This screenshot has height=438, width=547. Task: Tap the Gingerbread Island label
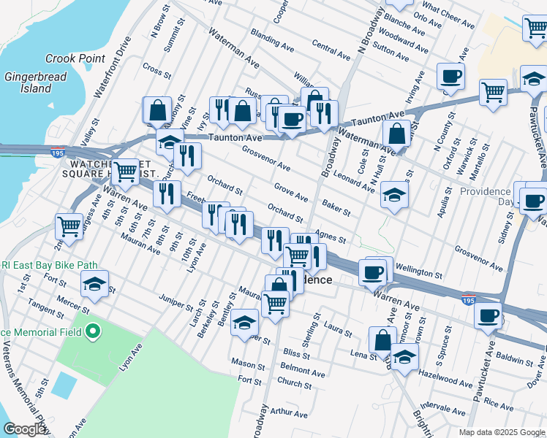coord(29,82)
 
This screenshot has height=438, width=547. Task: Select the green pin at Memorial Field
coord(91,332)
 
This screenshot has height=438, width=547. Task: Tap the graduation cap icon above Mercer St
coord(94,284)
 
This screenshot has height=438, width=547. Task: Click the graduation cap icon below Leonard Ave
coord(394,195)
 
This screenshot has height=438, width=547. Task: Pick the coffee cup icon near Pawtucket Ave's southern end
coord(488,315)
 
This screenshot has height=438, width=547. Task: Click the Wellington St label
coord(418,271)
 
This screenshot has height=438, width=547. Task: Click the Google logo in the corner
coord(24,429)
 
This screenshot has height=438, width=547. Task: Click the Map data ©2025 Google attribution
coord(502,432)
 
